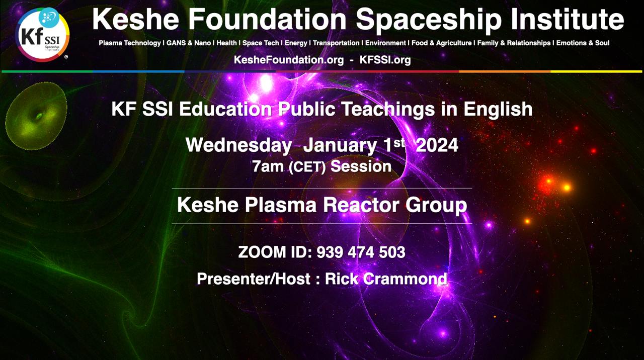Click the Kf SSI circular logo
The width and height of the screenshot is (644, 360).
point(42,35)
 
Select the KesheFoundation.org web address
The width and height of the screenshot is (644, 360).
point(289,60)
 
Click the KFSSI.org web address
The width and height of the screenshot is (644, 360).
point(385,60)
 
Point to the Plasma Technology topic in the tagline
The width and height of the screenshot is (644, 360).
point(130,43)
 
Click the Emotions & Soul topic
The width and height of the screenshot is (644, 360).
point(583,43)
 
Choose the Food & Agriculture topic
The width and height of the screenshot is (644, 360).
point(442,43)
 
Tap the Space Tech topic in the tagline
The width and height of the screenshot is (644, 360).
point(261,43)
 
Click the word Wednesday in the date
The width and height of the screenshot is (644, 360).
point(238,145)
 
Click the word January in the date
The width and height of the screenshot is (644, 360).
point(340,145)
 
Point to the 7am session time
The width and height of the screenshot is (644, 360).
point(268,166)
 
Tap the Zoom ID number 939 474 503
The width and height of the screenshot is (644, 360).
point(361,252)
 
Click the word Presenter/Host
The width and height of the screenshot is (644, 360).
point(254,279)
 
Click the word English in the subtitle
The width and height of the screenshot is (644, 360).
point(498,109)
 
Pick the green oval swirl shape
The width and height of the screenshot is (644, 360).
point(36,116)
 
